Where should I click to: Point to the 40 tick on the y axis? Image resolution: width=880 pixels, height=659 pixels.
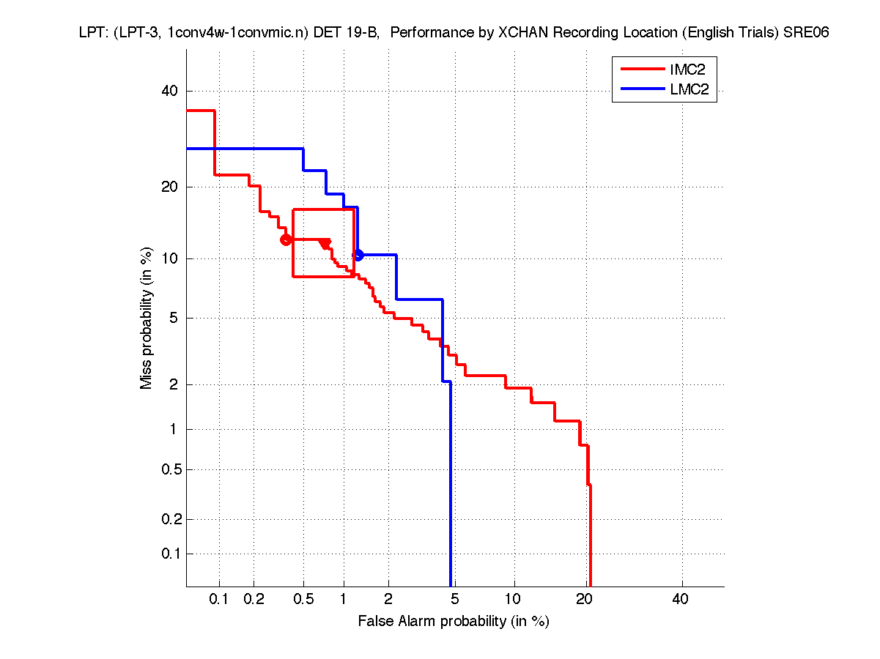(x=170, y=91)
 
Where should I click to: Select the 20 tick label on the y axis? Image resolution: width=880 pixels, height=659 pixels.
(x=170, y=187)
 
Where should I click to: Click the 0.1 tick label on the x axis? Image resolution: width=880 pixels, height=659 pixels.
(x=219, y=600)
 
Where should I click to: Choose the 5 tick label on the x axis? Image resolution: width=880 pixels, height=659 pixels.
(x=455, y=600)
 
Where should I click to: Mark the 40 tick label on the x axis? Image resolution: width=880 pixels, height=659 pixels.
(x=680, y=600)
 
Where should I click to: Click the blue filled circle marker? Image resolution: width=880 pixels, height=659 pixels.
(x=358, y=255)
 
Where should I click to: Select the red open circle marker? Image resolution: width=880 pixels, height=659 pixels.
(x=286, y=239)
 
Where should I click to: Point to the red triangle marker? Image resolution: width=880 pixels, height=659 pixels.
(x=325, y=243)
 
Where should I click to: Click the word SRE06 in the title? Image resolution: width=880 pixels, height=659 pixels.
(x=806, y=33)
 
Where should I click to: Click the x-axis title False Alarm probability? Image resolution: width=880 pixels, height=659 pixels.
(x=453, y=622)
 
